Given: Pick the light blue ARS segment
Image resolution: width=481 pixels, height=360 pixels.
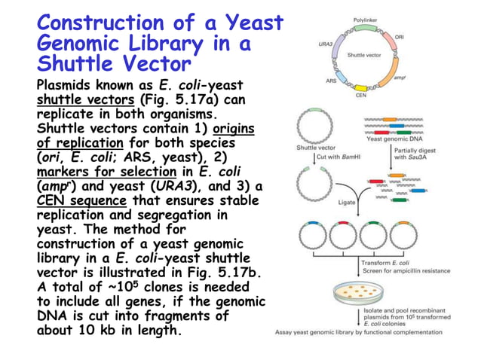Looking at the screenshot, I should [x=339, y=75].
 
